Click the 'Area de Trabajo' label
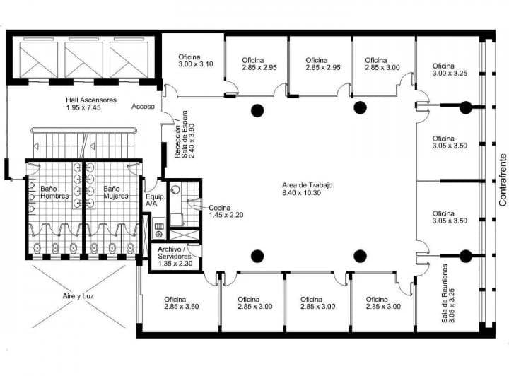307,185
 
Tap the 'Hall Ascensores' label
91,100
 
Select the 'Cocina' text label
220,208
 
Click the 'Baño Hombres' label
54,192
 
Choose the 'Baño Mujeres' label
116,192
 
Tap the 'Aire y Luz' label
78,296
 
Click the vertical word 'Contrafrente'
503,180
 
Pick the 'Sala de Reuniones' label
445,293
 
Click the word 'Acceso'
143,107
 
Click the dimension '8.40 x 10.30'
302,193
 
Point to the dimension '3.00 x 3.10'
196,64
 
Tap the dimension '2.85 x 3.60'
182,307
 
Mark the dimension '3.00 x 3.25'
450,74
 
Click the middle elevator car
83,59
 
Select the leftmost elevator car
39,59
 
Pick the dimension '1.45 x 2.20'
226,215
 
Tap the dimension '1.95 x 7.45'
83,107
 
